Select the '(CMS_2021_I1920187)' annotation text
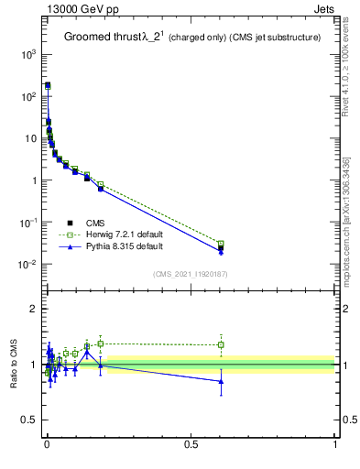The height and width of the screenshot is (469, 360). [190, 274]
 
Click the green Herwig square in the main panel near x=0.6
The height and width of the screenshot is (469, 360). [221, 244]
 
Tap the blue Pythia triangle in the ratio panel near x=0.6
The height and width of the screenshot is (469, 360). [221, 381]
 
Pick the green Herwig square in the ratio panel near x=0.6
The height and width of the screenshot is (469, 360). [221, 345]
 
